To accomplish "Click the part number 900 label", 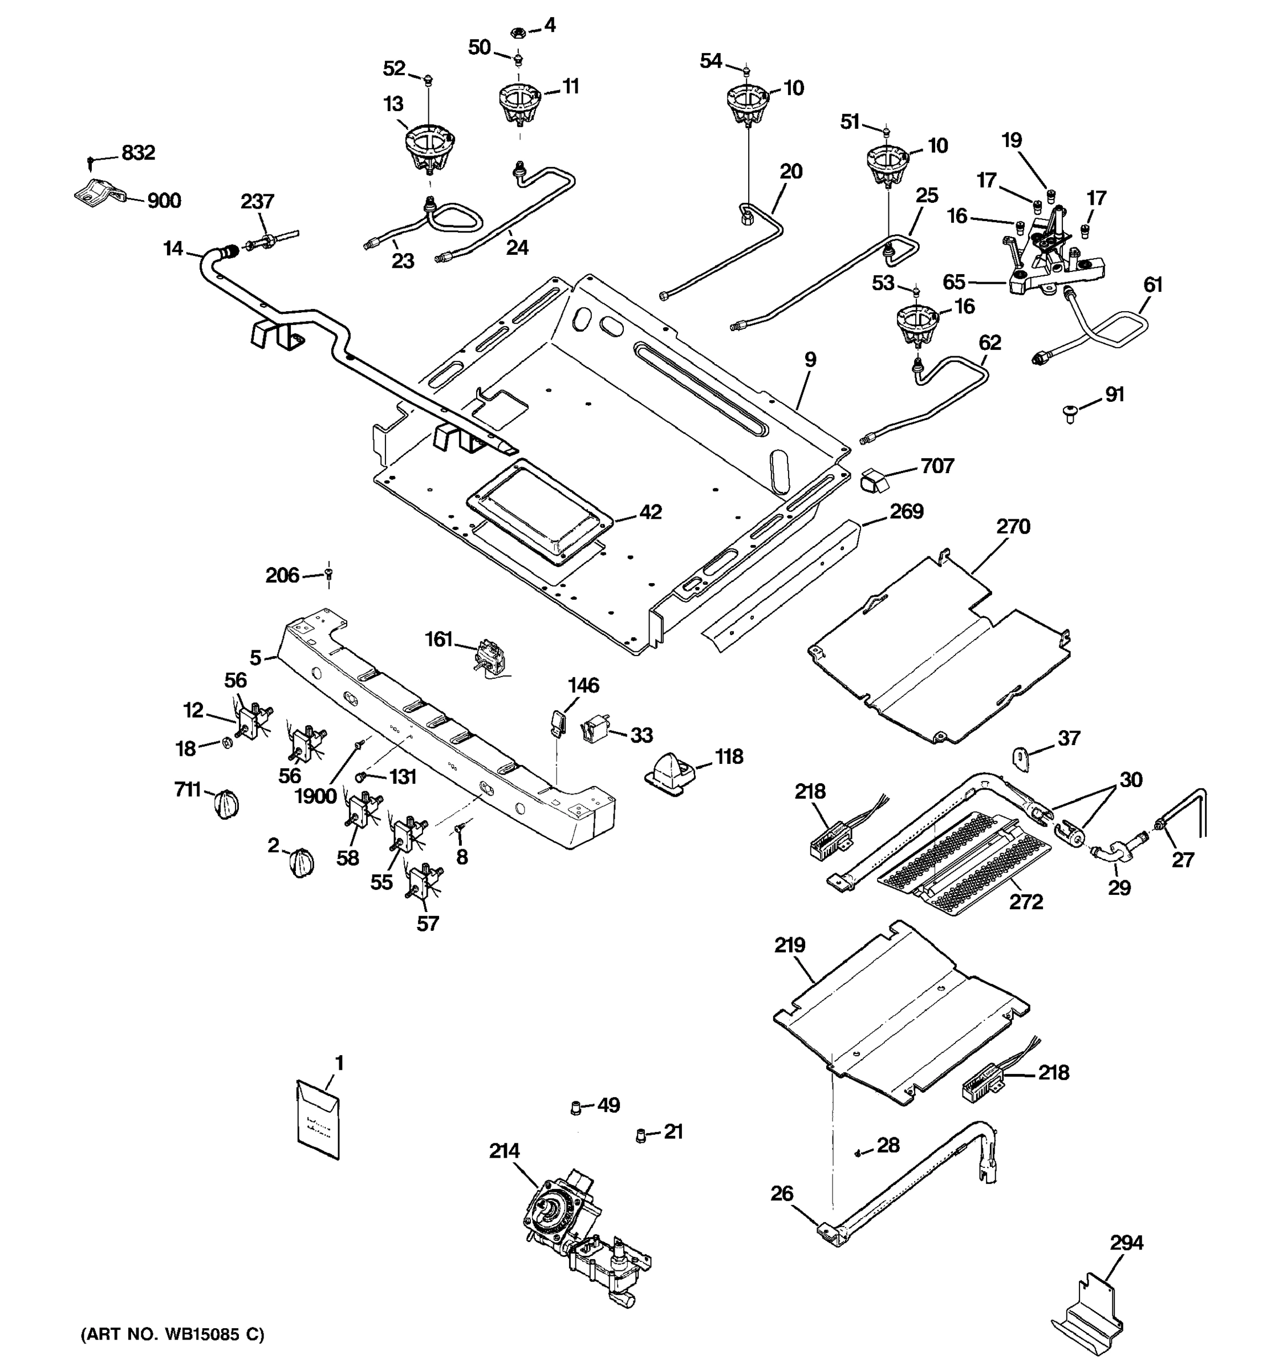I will click(x=164, y=201).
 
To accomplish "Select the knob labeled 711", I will click(x=226, y=804).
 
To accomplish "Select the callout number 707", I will click(x=937, y=467).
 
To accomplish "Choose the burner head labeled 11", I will click(x=519, y=103).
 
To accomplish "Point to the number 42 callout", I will click(x=649, y=512).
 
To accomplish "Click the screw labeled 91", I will click(x=1070, y=415).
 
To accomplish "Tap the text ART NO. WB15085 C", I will click(x=173, y=1334).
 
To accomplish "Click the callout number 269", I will click(x=907, y=511).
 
